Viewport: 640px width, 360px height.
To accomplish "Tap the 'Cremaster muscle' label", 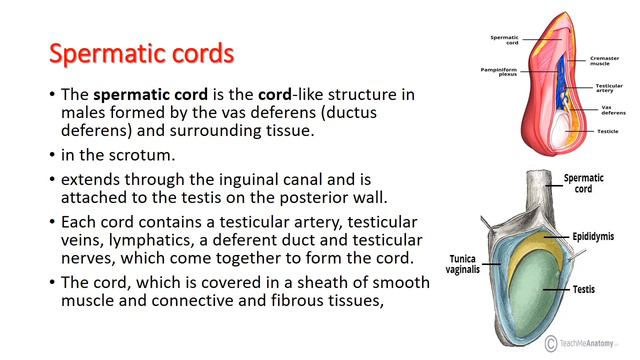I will click(604, 61).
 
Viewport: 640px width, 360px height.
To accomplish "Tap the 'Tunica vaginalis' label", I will click(445, 263).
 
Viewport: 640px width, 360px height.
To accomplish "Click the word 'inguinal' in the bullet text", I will click(259, 181).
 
